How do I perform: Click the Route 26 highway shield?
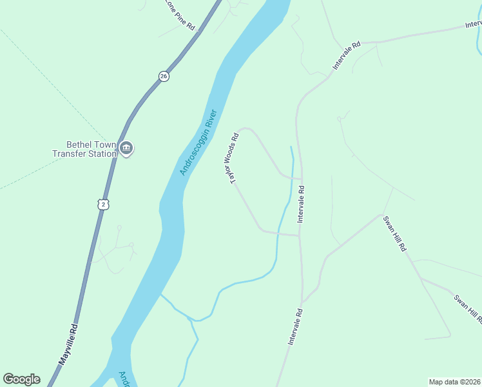pyautogui.click(x=164, y=76)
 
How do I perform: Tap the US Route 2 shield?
pyautogui.click(x=104, y=204)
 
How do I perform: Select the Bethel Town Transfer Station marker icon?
pyautogui.click(x=126, y=149)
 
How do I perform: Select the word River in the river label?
pyautogui.click(x=211, y=120)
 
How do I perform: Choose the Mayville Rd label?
pyautogui.click(x=68, y=345)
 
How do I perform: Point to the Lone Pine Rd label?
pyautogui.click(x=180, y=14)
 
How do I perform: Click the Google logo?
pyautogui.click(x=21, y=379)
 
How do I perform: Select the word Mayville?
pyautogui.click(x=66, y=350)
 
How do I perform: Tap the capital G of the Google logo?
pyautogui.click(x=8, y=379)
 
